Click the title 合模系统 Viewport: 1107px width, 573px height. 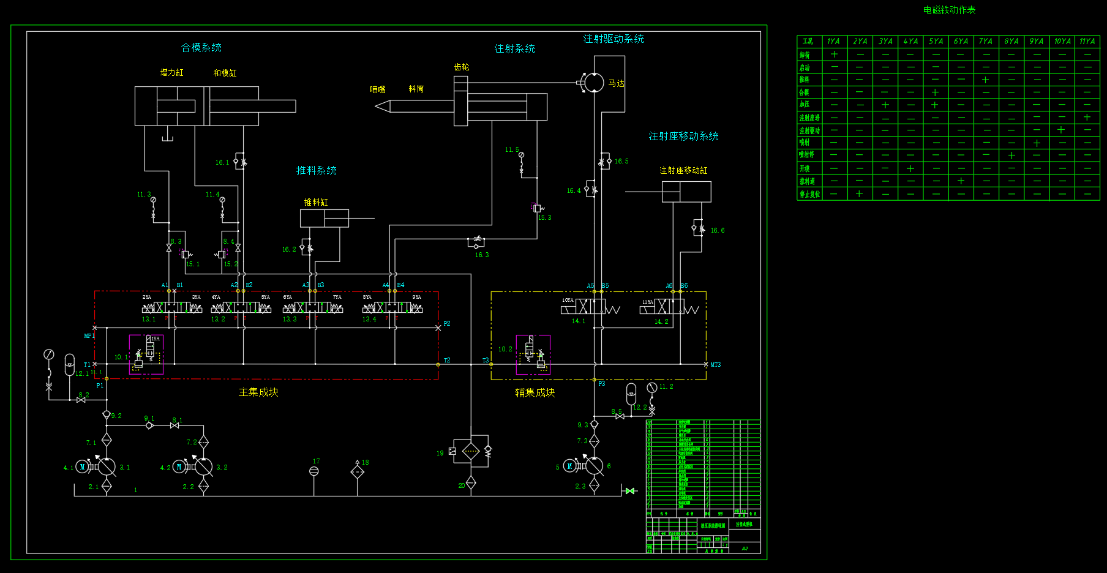(201, 48)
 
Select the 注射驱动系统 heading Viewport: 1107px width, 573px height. (614, 39)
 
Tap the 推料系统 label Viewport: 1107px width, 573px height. (317, 171)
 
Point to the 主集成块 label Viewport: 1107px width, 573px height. (258, 392)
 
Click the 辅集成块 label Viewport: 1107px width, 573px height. (535, 393)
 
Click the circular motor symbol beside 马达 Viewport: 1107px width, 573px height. (594, 83)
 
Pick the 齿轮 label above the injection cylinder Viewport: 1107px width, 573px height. (462, 67)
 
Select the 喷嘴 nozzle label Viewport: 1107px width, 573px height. (378, 89)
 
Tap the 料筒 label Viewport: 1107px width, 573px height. (416, 89)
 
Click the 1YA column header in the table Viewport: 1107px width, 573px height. (833, 42)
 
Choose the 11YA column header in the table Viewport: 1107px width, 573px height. (1087, 42)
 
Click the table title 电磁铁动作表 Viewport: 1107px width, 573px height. (949, 10)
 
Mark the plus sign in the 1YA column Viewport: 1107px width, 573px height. (834, 54)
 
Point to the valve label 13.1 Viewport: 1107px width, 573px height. (149, 320)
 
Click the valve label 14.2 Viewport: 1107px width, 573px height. (661, 322)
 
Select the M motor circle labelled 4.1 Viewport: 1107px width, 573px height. (83, 467)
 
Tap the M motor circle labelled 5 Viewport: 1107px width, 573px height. (569, 466)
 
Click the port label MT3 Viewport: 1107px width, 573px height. (715, 365)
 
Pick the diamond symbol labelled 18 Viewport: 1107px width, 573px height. (358, 471)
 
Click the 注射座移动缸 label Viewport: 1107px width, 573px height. (683, 171)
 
